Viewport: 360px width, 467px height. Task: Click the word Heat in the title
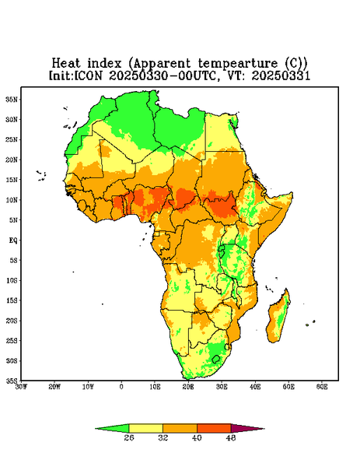click(66, 64)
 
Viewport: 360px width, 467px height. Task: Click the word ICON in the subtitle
click(88, 75)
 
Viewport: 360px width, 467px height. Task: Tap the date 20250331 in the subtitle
click(281, 75)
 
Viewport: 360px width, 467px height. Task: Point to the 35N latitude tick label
click(12, 100)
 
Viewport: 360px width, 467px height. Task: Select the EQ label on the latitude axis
click(13, 240)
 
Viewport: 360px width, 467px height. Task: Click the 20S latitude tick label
click(12, 321)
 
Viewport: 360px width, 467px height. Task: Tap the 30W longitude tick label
click(21, 387)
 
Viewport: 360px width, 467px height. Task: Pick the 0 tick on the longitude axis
click(121, 387)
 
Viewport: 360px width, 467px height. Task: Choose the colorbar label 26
click(129, 437)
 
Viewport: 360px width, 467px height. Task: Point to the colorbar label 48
click(231, 437)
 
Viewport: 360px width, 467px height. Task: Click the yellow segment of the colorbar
click(145, 428)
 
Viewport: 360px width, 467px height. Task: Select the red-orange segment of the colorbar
click(214, 428)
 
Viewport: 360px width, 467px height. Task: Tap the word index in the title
click(104, 64)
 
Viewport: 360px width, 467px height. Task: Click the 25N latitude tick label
click(12, 139)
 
